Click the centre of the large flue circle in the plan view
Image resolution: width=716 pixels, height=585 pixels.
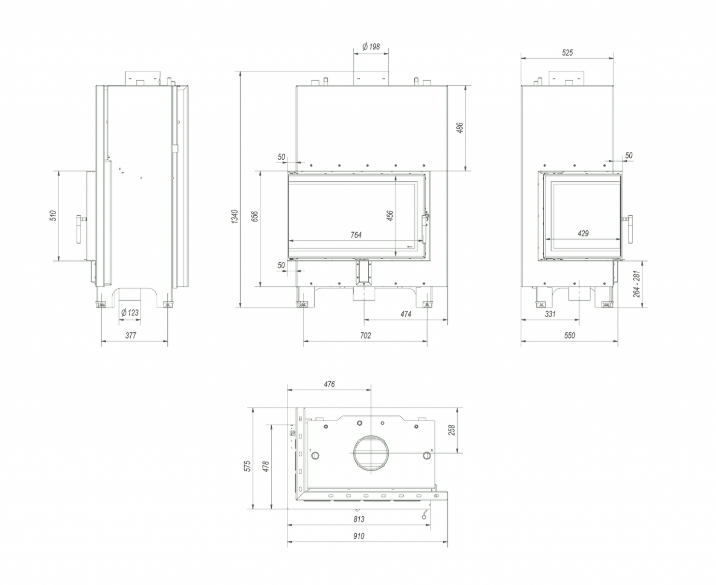tap(371, 453)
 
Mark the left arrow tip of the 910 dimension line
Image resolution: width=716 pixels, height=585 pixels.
tap(288, 542)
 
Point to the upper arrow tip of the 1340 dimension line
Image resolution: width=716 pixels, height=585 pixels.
tap(240, 72)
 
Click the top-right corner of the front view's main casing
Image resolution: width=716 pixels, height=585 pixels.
tap(447, 85)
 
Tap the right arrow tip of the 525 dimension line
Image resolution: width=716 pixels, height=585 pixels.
tap(613, 58)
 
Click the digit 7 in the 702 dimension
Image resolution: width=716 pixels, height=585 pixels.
tap(362, 335)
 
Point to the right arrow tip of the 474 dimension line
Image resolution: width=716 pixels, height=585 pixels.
tap(447, 320)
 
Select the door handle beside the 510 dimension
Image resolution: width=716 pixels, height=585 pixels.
tap(80, 229)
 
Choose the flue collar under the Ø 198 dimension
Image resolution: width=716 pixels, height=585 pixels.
tap(371, 78)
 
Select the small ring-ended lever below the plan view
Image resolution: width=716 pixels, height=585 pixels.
tap(424, 514)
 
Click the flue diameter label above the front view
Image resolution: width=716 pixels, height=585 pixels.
tap(371, 47)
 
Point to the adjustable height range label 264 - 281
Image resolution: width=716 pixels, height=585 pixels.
tap(636, 284)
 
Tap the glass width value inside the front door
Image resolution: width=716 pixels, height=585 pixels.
tap(356, 235)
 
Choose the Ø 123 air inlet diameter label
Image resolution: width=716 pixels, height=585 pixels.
tap(130, 312)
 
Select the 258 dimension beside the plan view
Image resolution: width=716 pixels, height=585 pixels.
tap(452, 430)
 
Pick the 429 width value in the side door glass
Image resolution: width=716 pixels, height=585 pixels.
tap(583, 233)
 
